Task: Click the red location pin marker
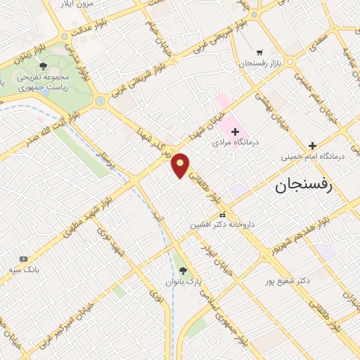point(181,165)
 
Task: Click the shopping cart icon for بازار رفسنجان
point(259,52)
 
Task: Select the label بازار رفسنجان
point(259,63)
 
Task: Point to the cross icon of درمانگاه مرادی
point(235,131)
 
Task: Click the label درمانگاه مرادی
point(236,142)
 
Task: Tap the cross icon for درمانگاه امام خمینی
point(312,146)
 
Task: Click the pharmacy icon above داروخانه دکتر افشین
point(222,214)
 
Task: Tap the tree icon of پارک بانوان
point(183,271)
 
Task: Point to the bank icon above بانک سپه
point(23,259)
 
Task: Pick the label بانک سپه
point(24,269)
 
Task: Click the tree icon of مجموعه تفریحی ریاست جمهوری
point(44,66)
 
